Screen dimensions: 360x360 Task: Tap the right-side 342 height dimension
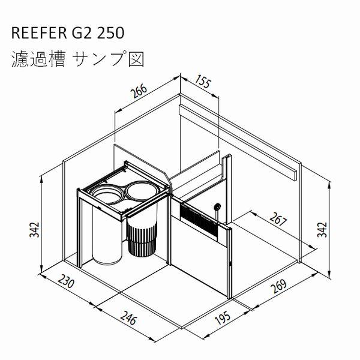click(x=324, y=229)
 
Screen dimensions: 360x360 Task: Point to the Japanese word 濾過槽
click(x=37, y=59)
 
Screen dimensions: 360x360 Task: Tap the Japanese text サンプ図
click(x=110, y=59)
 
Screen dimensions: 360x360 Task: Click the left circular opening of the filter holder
click(x=107, y=194)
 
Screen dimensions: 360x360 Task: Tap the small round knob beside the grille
click(x=217, y=207)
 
